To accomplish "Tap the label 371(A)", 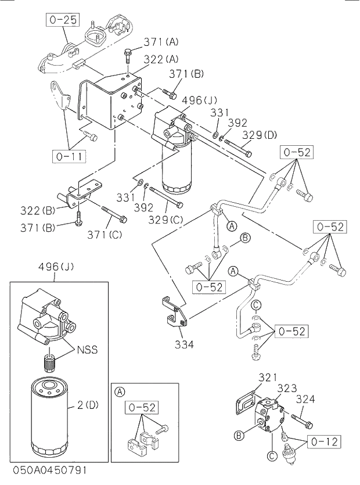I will (x=161, y=41).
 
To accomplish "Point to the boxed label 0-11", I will (x=68, y=156).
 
